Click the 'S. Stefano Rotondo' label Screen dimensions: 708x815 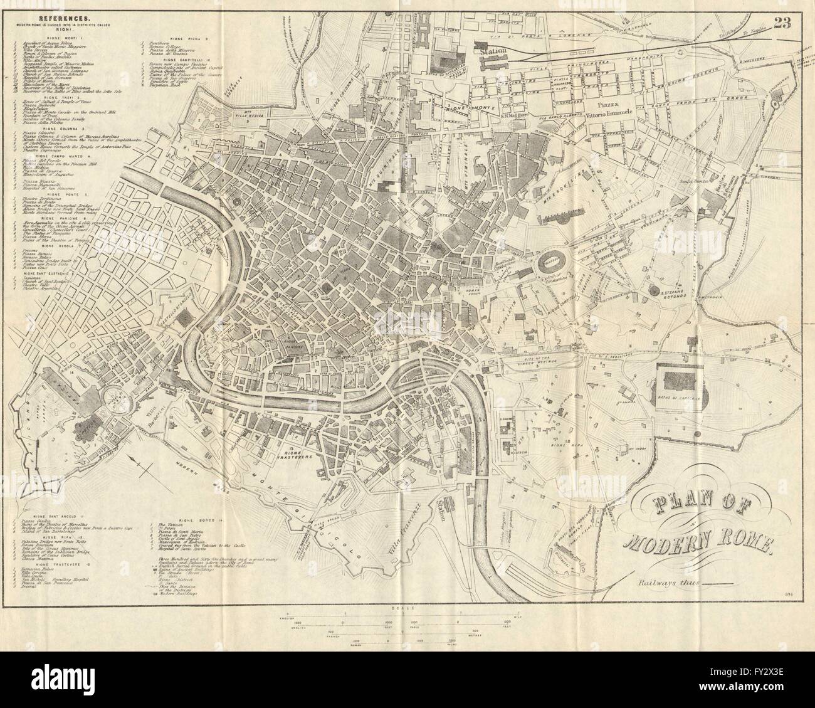pyautogui.click(x=680, y=292)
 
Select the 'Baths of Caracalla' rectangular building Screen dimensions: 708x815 pyautogui.click(x=682, y=380)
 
